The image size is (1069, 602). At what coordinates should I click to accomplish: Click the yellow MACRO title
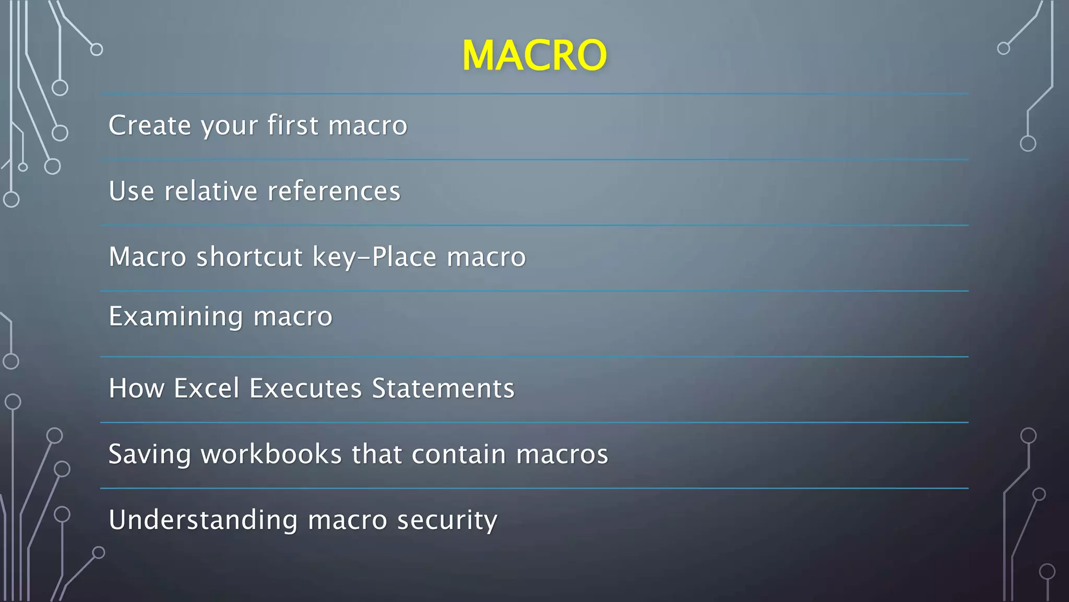click(x=534, y=55)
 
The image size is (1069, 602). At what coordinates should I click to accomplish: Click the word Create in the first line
click(x=150, y=125)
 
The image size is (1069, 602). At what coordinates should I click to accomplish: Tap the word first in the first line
click(x=293, y=125)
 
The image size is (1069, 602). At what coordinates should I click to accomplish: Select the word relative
click(x=211, y=191)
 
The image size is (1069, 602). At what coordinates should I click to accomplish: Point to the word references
click(x=334, y=191)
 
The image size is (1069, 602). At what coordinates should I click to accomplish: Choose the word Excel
click(x=207, y=388)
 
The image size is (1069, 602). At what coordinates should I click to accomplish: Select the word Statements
click(x=443, y=388)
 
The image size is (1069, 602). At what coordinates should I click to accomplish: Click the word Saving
click(x=150, y=454)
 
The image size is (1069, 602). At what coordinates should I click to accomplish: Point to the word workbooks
click(x=271, y=454)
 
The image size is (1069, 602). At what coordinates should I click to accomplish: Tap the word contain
click(x=459, y=454)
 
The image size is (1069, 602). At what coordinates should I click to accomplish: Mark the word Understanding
click(x=203, y=520)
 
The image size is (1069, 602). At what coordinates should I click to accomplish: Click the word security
click(x=447, y=520)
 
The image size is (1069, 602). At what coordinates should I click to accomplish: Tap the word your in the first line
click(x=230, y=126)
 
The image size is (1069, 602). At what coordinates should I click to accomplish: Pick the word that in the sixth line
click(x=377, y=454)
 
